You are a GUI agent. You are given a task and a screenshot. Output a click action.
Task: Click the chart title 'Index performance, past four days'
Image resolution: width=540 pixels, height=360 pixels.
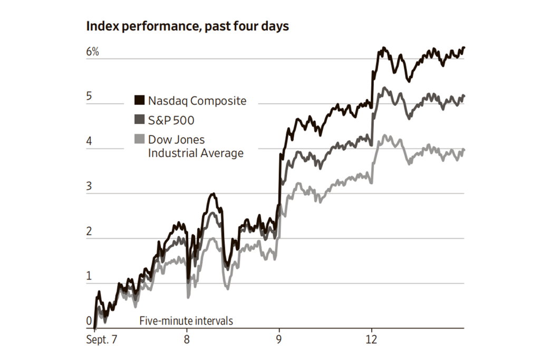click(x=188, y=26)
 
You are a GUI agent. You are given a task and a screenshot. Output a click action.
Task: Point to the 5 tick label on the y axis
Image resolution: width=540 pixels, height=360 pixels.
click(x=90, y=96)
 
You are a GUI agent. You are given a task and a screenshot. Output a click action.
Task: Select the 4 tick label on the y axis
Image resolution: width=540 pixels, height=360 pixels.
click(x=90, y=141)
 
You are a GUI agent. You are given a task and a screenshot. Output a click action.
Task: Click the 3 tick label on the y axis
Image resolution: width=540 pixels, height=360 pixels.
click(x=90, y=186)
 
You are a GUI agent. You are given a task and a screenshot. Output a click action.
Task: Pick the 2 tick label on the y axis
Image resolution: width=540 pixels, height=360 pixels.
click(x=90, y=231)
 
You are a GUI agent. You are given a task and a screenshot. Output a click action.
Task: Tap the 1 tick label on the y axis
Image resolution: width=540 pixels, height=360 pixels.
click(x=89, y=276)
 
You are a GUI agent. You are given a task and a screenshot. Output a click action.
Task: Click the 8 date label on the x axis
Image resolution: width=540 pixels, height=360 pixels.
click(x=187, y=340)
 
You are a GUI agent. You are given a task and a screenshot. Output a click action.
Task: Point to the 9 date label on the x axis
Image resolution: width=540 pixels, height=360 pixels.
click(x=279, y=340)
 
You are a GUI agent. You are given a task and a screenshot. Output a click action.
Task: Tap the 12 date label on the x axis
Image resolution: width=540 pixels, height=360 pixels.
click(x=372, y=340)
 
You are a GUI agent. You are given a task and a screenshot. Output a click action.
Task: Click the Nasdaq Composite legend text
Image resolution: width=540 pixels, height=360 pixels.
click(x=197, y=101)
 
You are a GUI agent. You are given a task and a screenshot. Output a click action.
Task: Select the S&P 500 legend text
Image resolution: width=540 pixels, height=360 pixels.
click(x=171, y=121)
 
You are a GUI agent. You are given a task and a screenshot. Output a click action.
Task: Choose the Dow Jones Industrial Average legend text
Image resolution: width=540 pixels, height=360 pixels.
click(x=196, y=147)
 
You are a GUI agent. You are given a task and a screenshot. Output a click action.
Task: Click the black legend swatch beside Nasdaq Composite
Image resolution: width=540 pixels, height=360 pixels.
click(x=140, y=100)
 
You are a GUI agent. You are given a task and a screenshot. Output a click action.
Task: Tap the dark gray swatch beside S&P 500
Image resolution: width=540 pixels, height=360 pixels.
click(x=140, y=120)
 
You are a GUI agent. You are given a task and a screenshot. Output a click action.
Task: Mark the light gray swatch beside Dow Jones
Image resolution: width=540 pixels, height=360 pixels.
click(x=140, y=140)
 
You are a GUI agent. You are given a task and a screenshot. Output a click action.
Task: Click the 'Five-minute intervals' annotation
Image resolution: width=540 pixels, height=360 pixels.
click(x=186, y=320)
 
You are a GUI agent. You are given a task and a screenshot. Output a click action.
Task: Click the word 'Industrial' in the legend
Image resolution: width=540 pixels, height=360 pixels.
click(x=170, y=153)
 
